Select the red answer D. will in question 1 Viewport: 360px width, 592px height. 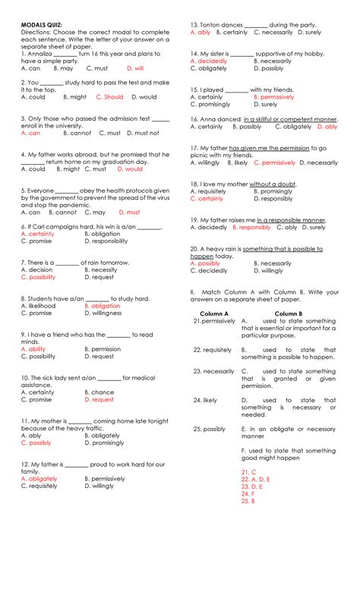point(135,68)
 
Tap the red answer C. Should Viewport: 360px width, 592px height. point(109,97)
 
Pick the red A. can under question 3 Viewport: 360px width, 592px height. point(30,133)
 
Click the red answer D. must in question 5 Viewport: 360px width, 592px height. point(128,213)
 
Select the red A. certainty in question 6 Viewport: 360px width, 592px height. point(38,234)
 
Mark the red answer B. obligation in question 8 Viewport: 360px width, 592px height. point(102,305)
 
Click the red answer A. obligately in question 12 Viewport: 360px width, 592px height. point(39,479)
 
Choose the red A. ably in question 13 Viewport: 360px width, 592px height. point(201,33)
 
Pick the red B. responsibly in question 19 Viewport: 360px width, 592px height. point(251,227)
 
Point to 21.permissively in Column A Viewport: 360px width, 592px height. point(213,321)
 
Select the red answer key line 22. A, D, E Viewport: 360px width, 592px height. point(255,479)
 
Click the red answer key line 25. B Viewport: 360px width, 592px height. point(247,501)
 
